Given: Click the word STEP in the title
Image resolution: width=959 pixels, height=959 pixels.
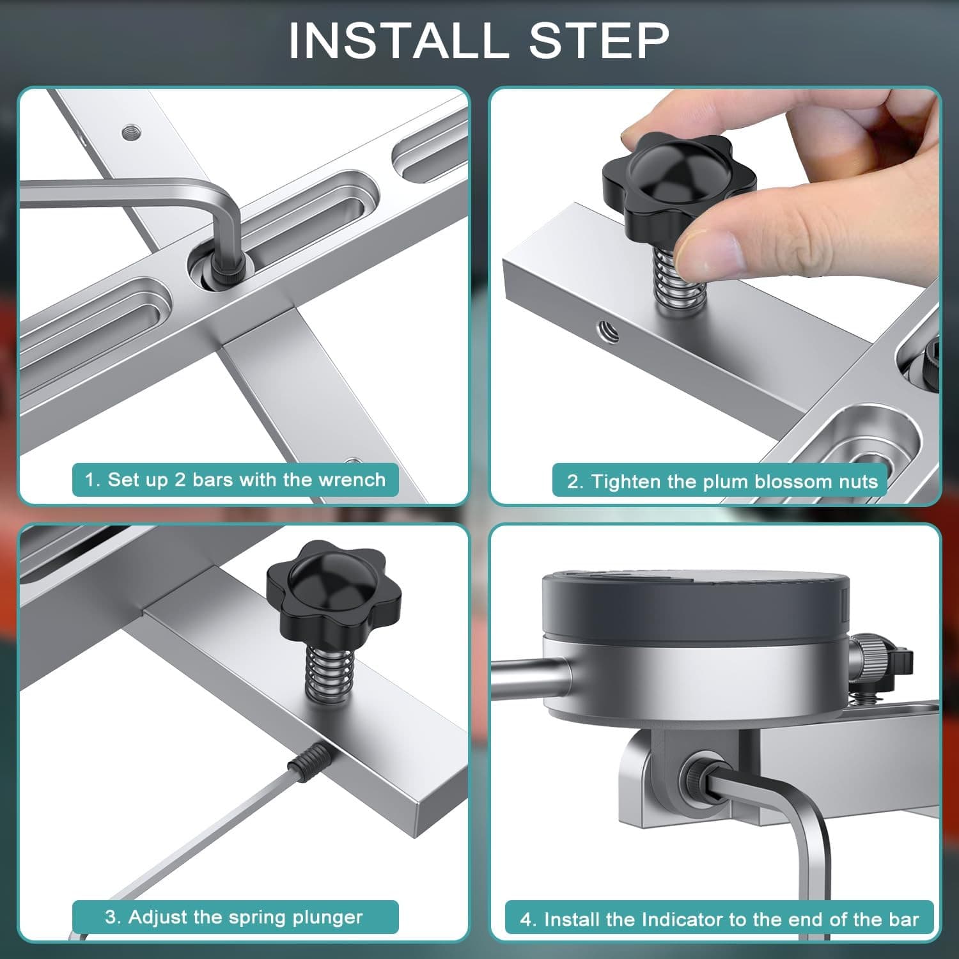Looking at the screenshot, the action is pyautogui.click(x=599, y=40).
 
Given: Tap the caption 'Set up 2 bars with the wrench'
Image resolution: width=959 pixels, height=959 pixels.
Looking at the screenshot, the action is pyautogui.click(x=235, y=479).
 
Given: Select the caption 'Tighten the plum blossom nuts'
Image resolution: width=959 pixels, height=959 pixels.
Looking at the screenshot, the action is pyautogui.click(x=722, y=481).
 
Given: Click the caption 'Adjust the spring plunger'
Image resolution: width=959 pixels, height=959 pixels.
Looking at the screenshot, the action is pyautogui.click(x=234, y=917).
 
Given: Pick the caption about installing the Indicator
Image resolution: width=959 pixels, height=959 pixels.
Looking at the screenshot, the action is pyautogui.click(x=719, y=919).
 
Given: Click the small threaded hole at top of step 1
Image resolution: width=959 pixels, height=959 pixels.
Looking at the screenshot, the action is pyautogui.click(x=132, y=132).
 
